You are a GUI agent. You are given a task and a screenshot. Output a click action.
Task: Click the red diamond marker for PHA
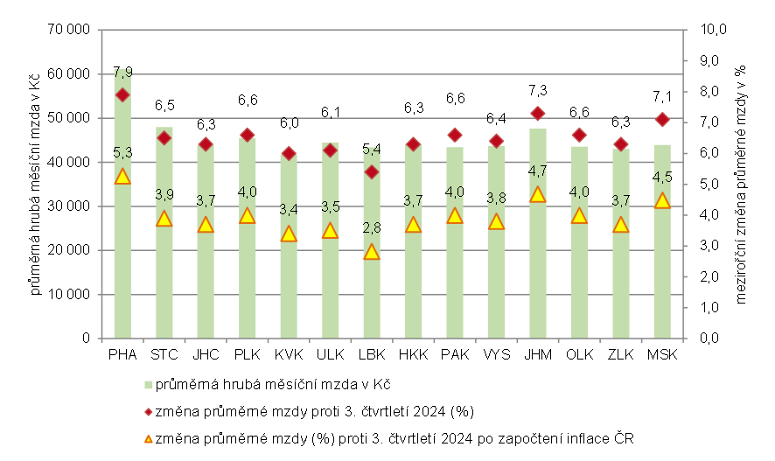coord(122,94)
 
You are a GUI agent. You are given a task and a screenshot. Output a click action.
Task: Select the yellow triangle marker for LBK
coord(372,252)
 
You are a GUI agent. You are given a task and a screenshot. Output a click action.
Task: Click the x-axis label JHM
coord(538,354)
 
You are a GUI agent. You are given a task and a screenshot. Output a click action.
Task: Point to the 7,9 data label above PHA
coord(122,72)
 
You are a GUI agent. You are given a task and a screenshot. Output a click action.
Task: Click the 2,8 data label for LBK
coord(372,228)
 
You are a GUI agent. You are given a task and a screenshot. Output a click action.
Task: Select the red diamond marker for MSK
coord(662,119)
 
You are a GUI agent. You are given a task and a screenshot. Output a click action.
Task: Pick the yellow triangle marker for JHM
coord(538,194)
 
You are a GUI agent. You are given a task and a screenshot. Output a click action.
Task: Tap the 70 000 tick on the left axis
coord(73,30)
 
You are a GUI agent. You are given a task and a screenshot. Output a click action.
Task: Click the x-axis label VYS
coord(496,354)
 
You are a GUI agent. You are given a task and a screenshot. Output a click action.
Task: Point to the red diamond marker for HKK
coord(413,144)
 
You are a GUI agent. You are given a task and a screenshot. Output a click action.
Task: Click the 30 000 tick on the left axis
coord(73,206)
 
